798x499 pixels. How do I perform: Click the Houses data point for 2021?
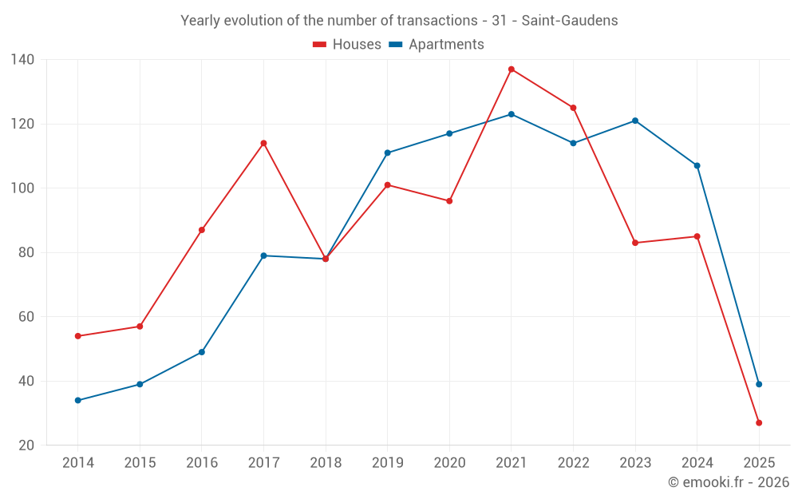512,69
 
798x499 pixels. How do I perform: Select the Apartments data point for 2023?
635,121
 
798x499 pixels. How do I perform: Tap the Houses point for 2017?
263,143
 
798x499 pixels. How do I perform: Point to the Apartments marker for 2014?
77,400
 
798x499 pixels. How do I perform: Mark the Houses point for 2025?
759,422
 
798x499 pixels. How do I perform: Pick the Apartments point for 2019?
387,152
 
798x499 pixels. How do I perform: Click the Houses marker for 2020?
449,201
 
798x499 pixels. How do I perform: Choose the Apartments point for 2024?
697,165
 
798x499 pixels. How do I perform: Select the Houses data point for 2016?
202,230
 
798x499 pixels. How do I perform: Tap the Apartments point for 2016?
202,352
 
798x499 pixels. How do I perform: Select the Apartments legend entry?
437,45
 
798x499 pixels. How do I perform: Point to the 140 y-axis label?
22,60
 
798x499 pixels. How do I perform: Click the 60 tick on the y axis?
26,317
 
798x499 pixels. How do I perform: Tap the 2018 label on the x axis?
326,463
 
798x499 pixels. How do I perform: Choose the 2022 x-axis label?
573,463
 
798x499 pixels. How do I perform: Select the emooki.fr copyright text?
729,482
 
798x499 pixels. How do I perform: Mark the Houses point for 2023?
635,243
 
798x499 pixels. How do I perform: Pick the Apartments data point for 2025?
759,384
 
